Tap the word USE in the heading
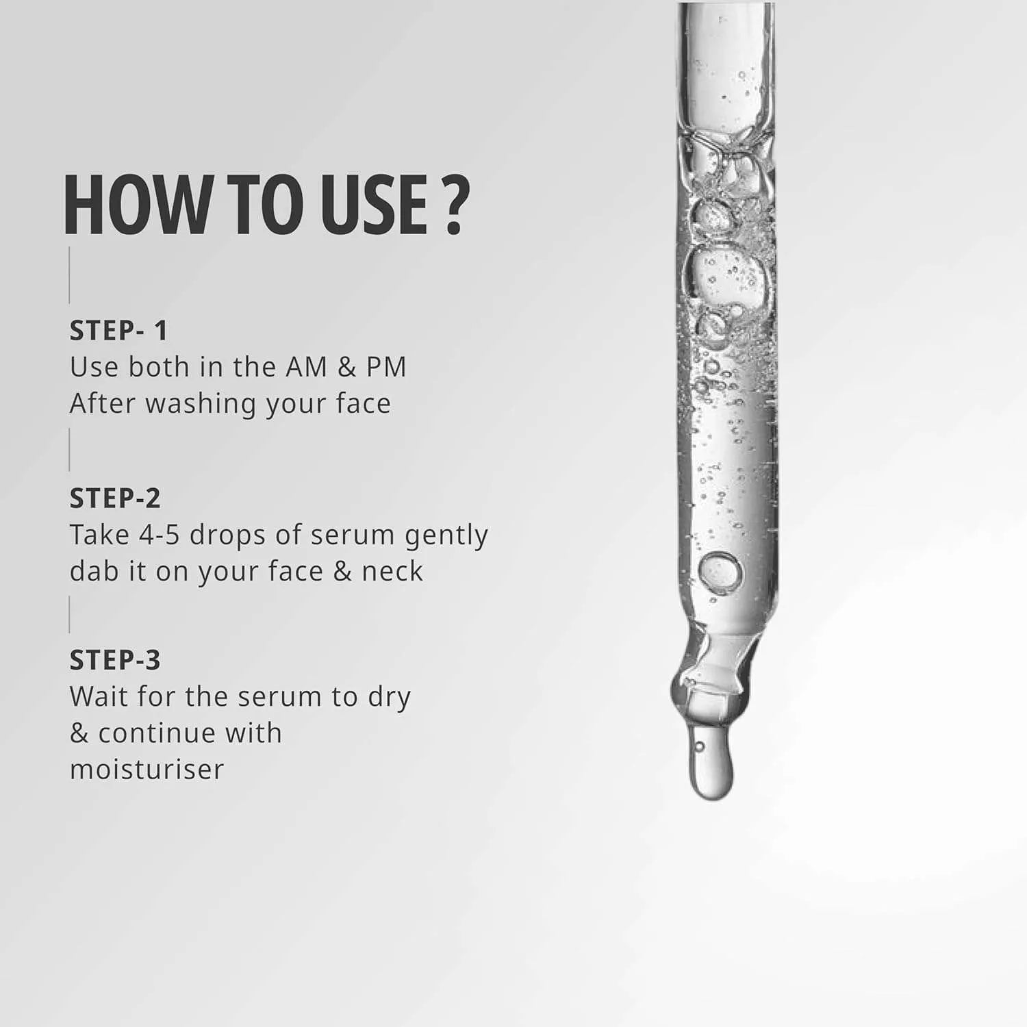[x=370, y=205]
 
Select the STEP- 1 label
[x=118, y=331]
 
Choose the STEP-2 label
[x=115, y=498]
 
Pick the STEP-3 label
[x=115, y=660]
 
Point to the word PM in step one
[x=386, y=367]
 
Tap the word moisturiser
[x=147, y=770]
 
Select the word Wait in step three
[x=98, y=697]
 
